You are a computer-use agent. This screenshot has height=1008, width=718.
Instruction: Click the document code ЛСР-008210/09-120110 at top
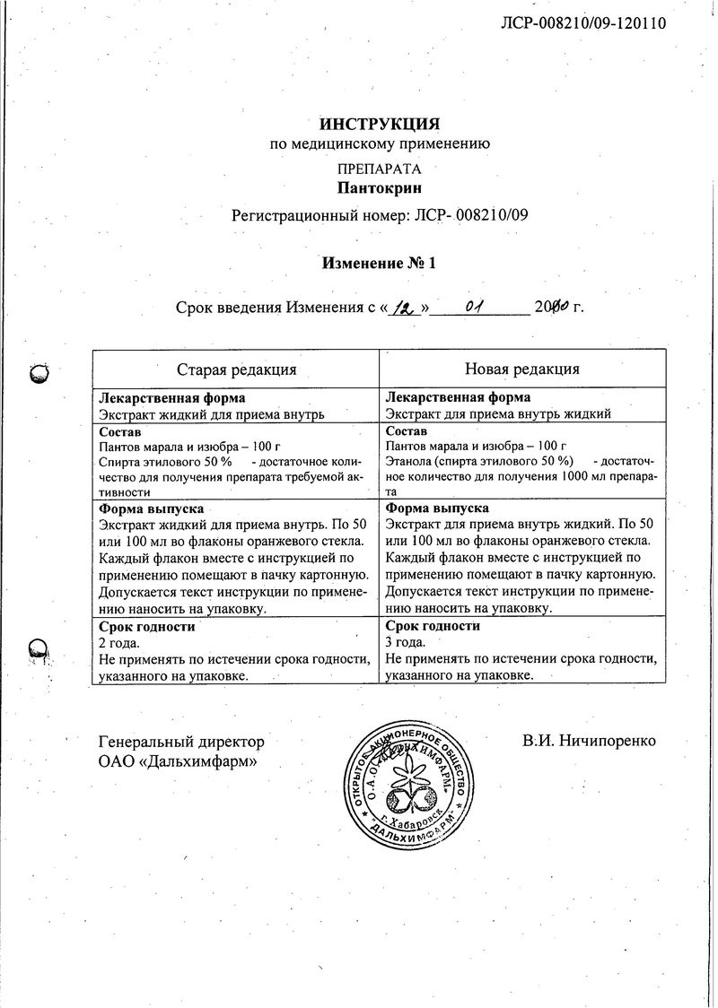pyautogui.click(x=582, y=24)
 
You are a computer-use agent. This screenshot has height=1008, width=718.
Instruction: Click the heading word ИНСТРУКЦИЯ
pyautogui.click(x=380, y=124)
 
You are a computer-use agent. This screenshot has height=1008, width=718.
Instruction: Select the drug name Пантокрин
pyautogui.click(x=379, y=188)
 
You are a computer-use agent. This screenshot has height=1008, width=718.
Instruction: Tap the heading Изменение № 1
pyautogui.click(x=379, y=264)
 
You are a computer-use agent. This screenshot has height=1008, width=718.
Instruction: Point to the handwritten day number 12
pyautogui.click(x=407, y=308)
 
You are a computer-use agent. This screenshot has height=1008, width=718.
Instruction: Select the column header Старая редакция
pyautogui.click(x=236, y=369)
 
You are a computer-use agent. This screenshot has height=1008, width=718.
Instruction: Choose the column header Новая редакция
pyautogui.click(x=521, y=369)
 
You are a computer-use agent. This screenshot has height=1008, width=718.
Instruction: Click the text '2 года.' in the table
pyautogui.click(x=118, y=643)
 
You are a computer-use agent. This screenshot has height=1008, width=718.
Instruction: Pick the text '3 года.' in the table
pyautogui.click(x=405, y=643)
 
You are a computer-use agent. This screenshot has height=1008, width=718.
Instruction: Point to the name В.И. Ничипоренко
pyautogui.click(x=589, y=741)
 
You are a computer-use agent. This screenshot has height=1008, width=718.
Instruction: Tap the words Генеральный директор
pyautogui.click(x=181, y=742)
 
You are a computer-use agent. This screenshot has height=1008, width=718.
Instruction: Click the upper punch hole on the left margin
pyautogui.click(x=39, y=374)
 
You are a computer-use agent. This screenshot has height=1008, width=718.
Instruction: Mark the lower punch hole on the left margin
pyautogui.click(x=38, y=647)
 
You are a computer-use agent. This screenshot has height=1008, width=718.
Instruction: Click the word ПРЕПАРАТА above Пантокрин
pyautogui.click(x=379, y=169)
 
